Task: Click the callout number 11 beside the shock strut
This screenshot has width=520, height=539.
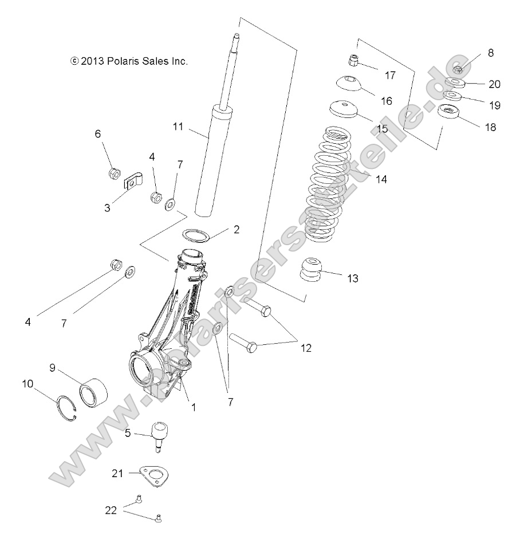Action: point(178,127)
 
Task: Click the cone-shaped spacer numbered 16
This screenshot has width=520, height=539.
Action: point(349,85)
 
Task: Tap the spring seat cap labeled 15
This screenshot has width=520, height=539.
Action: point(344,108)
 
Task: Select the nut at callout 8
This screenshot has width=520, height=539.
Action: point(458,70)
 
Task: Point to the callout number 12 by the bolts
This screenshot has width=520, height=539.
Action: point(306,348)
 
